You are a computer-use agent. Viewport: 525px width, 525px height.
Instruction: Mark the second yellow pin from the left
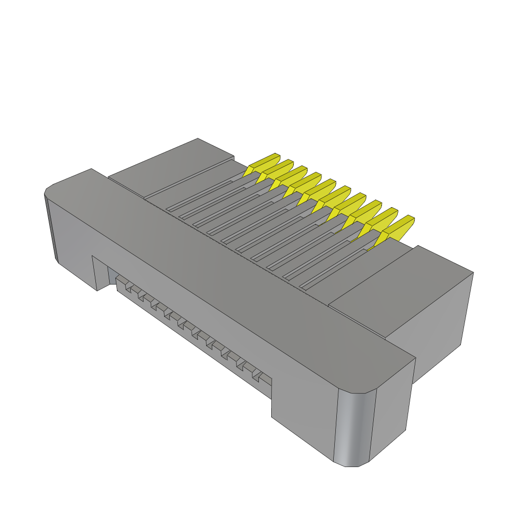coord(278,170)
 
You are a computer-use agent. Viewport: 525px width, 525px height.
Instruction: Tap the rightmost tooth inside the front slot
coord(265,378)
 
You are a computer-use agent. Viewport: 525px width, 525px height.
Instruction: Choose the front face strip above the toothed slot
coord(205,308)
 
